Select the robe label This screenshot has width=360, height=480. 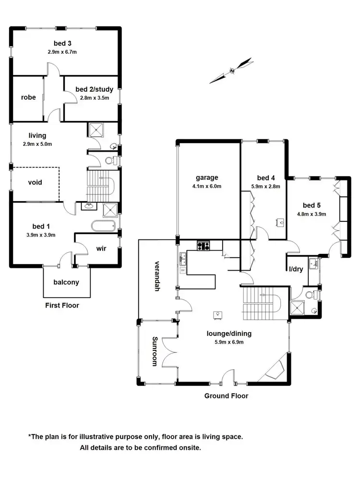point(28,97)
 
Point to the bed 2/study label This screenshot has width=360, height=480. point(93,90)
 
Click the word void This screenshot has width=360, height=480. point(35,182)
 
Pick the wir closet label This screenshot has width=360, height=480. point(101,248)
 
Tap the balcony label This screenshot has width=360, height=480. point(66,282)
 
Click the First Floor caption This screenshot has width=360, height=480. point(62,305)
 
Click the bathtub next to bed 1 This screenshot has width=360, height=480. point(103,226)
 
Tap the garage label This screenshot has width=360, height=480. point(207,177)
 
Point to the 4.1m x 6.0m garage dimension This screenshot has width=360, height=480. point(207,186)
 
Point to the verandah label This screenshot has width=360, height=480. point(157,273)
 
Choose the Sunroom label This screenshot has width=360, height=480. point(155,351)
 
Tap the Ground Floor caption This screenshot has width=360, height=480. point(226,396)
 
